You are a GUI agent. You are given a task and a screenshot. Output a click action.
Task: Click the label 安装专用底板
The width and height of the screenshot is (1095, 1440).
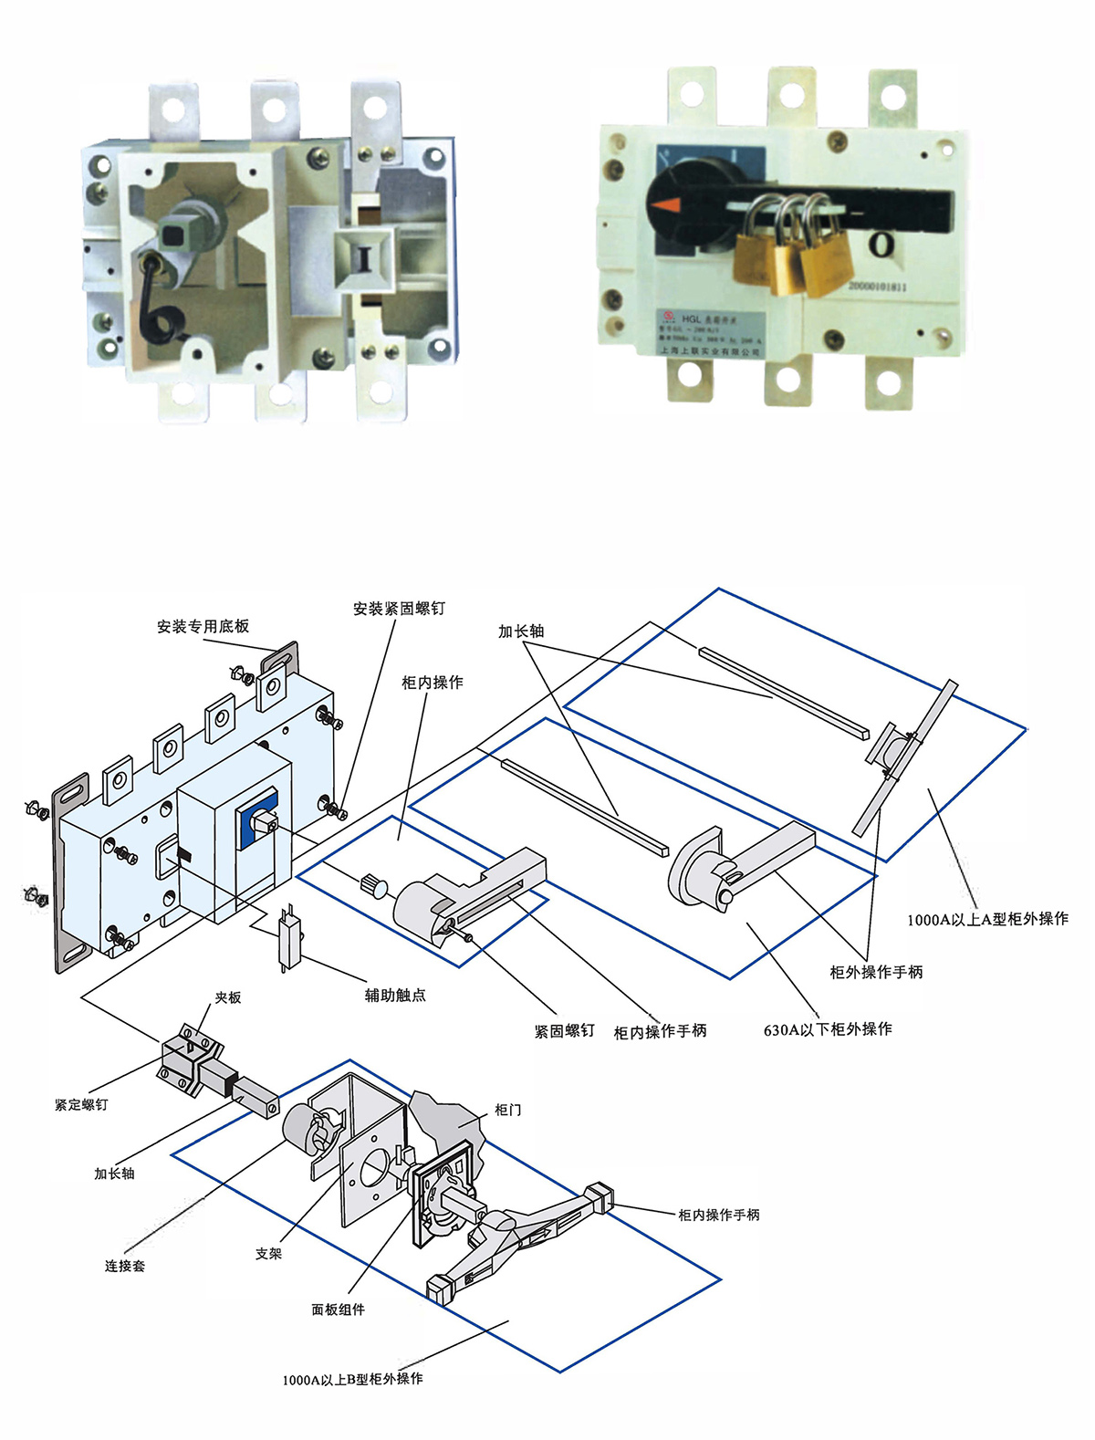pyautogui.click(x=203, y=626)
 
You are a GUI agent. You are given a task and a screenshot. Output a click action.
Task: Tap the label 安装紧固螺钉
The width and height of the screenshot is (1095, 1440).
pyautogui.click(x=399, y=608)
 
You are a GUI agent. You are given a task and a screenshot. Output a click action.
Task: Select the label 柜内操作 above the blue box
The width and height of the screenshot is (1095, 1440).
pyautogui.click(x=433, y=682)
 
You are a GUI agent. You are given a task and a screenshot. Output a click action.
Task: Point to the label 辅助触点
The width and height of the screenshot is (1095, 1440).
pyautogui.click(x=395, y=995)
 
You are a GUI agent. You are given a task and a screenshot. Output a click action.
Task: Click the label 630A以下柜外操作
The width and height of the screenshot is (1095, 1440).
pyautogui.click(x=828, y=1028)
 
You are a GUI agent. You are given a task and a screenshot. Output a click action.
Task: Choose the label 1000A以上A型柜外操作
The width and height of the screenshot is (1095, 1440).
pyautogui.click(x=987, y=919)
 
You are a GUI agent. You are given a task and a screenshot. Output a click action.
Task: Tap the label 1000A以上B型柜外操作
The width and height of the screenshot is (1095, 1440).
pyautogui.click(x=352, y=1379)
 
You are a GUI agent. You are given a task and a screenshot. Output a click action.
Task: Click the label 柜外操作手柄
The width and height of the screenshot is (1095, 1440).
pyautogui.click(x=876, y=972)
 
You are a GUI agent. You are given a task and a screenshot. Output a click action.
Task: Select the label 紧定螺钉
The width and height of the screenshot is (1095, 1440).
pyautogui.click(x=81, y=1104)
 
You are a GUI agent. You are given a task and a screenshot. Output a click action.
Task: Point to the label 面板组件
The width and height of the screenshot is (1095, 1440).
pyautogui.click(x=338, y=1310)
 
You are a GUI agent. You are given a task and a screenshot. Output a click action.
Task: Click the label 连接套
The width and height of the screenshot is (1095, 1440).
pyautogui.click(x=125, y=1266)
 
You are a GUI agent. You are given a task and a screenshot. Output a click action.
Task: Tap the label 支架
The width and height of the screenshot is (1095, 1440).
pyautogui.click(x=268, y=1254)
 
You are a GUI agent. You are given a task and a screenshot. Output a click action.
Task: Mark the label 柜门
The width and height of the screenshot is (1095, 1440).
pyautogui.click(x=507, y=1110)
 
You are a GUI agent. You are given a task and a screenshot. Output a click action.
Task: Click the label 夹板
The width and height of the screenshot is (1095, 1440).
pyautogui.click(x=228, y=997)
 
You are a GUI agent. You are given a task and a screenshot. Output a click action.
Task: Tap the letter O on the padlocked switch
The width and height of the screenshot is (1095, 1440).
pyautogui.click(x=881, y=244)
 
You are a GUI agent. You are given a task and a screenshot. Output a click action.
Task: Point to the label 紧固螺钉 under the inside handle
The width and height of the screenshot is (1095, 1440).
pyautogui.click(x=564, y=1030)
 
